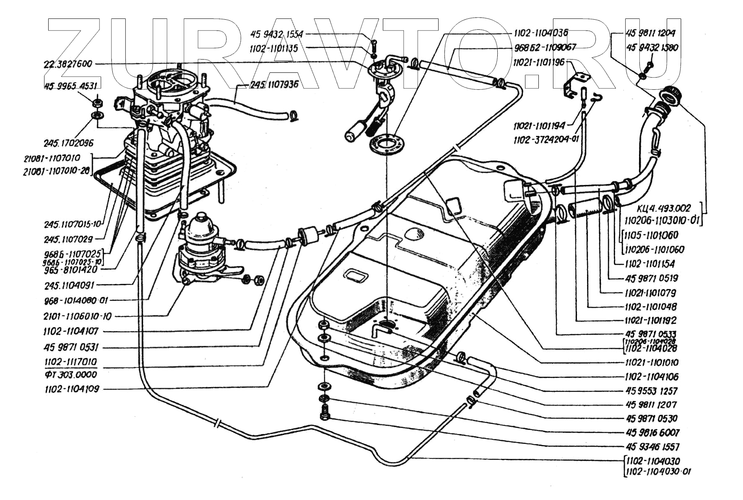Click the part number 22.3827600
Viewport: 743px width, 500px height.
[68, 64]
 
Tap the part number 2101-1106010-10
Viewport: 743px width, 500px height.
[78, 316]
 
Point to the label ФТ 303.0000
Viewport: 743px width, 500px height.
[70, 374]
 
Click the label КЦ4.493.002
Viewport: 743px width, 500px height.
[663, 208]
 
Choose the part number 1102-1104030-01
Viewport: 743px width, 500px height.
[657, 471]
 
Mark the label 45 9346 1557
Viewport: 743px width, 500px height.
[652, 447]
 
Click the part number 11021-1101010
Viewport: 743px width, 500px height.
[651, 362]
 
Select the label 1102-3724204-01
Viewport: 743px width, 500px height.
[546, 139]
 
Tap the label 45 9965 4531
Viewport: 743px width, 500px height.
[70, 86]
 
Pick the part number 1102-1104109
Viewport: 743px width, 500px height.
[72, 389]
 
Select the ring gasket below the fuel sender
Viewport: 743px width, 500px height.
[387, 144]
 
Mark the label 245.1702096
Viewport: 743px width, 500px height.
[69, 143]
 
